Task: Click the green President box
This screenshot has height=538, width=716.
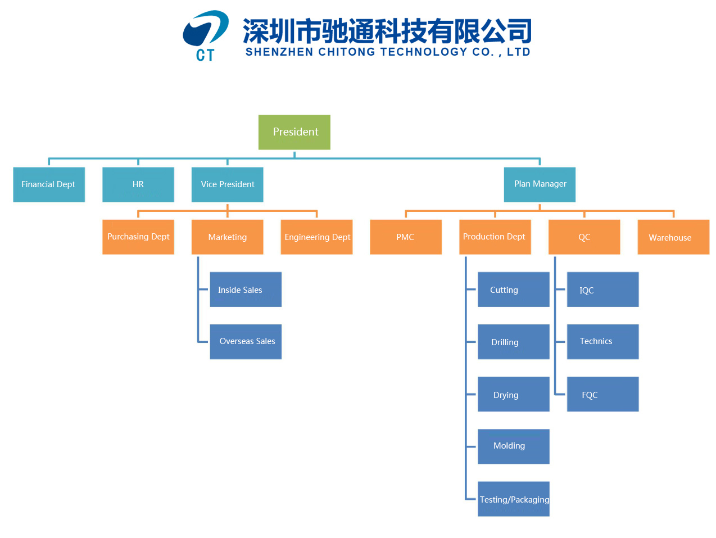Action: point(294,132)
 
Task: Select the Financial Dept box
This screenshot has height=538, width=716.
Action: point(49,184)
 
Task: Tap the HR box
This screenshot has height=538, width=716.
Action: point(138,184)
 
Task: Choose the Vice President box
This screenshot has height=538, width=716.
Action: point(227,184)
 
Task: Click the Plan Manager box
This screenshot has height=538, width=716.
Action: point(540,184)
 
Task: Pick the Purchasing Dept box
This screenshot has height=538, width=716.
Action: point(138,237)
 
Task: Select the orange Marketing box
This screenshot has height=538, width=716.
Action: point(227,237)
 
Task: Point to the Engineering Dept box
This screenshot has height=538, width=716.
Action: point(316,237)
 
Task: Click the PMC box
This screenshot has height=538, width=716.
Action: point(406,237)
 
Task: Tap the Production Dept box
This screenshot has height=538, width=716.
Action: point(495,237)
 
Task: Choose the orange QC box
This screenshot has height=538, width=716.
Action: point(584,237)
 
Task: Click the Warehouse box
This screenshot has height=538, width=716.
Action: point(673,237)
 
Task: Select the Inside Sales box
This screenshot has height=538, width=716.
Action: point(246,290)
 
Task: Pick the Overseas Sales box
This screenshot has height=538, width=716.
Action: point(246,341)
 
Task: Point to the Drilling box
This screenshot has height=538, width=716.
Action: point(513,342)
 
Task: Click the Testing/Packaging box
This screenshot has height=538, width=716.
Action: point(513,499)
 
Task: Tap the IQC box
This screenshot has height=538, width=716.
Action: point(602,290)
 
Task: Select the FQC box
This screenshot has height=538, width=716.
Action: point(602,394)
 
